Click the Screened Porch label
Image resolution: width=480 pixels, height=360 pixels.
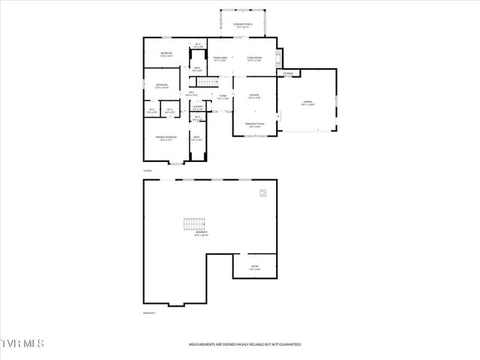243,25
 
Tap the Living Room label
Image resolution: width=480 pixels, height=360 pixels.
254,59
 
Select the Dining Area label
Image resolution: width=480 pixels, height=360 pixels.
220,59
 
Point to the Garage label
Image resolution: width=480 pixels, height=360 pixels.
307,103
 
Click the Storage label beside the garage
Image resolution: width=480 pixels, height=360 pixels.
287,73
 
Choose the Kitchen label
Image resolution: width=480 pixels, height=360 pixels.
253,96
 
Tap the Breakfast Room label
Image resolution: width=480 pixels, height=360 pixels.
253,124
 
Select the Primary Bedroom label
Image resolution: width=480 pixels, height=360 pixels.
166,138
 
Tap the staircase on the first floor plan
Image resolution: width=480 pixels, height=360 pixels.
212,81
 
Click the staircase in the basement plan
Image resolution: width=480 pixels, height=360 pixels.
194,223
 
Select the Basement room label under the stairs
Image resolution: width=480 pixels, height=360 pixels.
202,234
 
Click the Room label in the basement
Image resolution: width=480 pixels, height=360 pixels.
254,267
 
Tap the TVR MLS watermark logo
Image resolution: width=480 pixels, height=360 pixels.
22,343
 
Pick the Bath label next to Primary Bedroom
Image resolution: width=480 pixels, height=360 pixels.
196,138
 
